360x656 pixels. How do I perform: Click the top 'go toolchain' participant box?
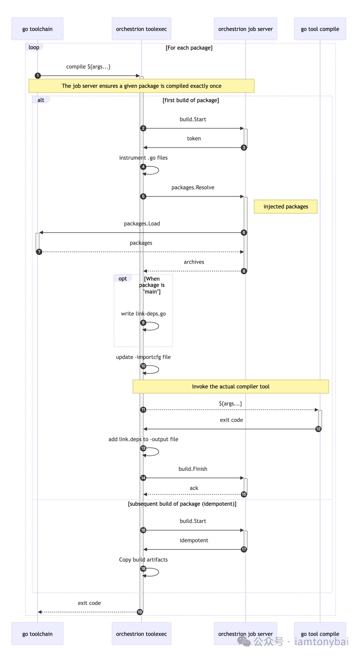[37, 29]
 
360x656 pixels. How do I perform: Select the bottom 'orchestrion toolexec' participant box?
[141, 634]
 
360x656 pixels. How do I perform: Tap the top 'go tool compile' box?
[320, 29]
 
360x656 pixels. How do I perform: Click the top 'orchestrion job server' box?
[245, 29]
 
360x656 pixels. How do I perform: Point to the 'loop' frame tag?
[34, 47]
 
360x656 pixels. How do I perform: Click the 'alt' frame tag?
[41, 100]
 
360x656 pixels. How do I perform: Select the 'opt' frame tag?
[123, 279]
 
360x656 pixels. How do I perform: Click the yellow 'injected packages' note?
[286, 207]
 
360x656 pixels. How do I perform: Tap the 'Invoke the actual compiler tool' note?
[231, 387]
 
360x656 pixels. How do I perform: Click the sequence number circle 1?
[38, 76]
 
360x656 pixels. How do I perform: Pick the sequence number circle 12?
[318, 429]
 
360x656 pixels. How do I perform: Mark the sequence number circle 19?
[140, 612]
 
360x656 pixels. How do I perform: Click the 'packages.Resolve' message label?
[193, 188]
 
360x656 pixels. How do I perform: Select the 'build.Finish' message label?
[193, 469]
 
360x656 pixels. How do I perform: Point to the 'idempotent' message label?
[194, 540]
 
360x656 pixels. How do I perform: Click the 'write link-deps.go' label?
[143, 314]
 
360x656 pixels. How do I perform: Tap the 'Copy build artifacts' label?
[143, 560]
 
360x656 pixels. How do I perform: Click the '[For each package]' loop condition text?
[189, 48]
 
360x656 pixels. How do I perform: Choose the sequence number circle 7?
[39, 252]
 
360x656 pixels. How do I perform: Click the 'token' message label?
[194, 139]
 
